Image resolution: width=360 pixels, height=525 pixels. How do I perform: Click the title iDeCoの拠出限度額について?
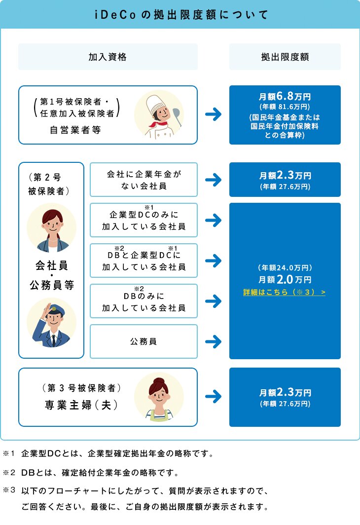(x=180, y=14)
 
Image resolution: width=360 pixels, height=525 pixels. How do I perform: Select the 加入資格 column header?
(x=108, y=57)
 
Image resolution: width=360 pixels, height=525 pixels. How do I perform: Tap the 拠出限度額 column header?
(x=285, y=57)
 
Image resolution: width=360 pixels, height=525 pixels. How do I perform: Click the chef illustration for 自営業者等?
(x=159, y=114)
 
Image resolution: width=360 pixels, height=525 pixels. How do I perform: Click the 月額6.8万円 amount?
(x=285, y=96)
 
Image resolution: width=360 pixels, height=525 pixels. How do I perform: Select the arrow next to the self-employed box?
(x=213, y=115)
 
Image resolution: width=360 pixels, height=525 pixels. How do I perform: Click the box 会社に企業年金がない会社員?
(x=144, y=180)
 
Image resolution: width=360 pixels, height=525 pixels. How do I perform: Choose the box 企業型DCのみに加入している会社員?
(x=144, y=221)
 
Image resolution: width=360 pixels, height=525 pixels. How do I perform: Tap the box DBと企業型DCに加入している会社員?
(x=144, y=261)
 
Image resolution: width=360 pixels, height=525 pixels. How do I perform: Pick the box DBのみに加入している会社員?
(x=144, y=301)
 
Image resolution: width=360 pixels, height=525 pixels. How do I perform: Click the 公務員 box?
(x=144, y=341)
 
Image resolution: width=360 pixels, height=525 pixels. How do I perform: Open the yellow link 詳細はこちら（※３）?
(x=285, y=293)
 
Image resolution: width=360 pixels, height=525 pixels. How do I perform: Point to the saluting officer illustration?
(x=51, y=322)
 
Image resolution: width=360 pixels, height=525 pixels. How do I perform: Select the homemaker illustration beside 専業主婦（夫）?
(x=159, y=397)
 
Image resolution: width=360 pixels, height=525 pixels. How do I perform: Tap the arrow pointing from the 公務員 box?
(x=213, y=341)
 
